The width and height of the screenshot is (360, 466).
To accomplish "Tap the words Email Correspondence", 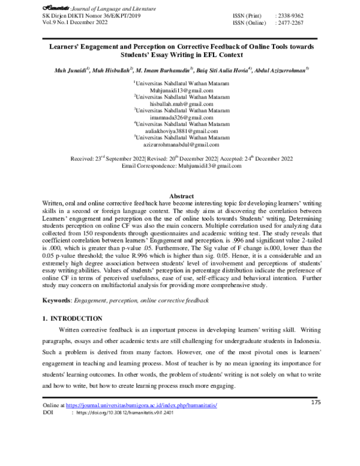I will click(x=154, y=165).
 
